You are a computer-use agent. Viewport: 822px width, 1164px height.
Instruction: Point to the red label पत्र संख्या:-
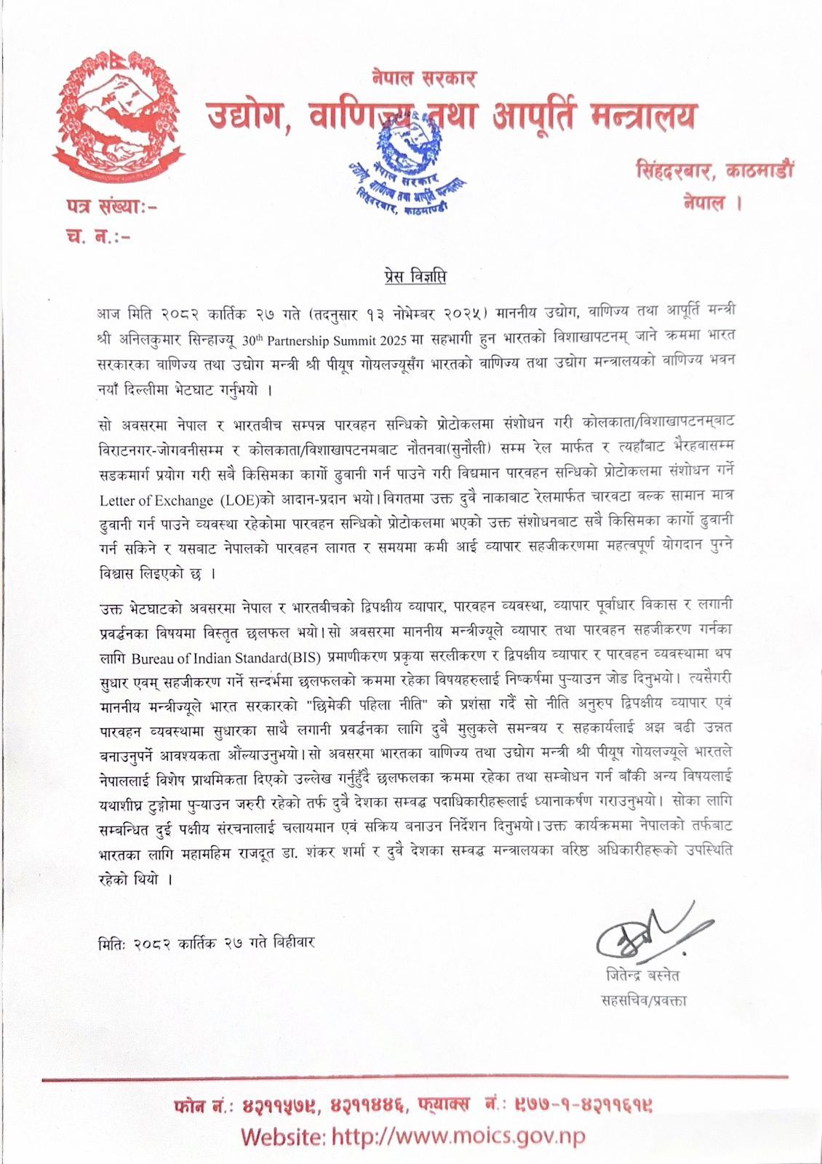tap(111, 207)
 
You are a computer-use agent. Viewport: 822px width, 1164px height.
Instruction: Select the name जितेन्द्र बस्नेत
tap(642, 975)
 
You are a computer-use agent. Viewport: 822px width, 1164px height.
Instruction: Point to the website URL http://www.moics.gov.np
tap(458, 1136)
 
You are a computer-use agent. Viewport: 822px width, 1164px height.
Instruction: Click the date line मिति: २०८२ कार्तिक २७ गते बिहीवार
tap(207, 943)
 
